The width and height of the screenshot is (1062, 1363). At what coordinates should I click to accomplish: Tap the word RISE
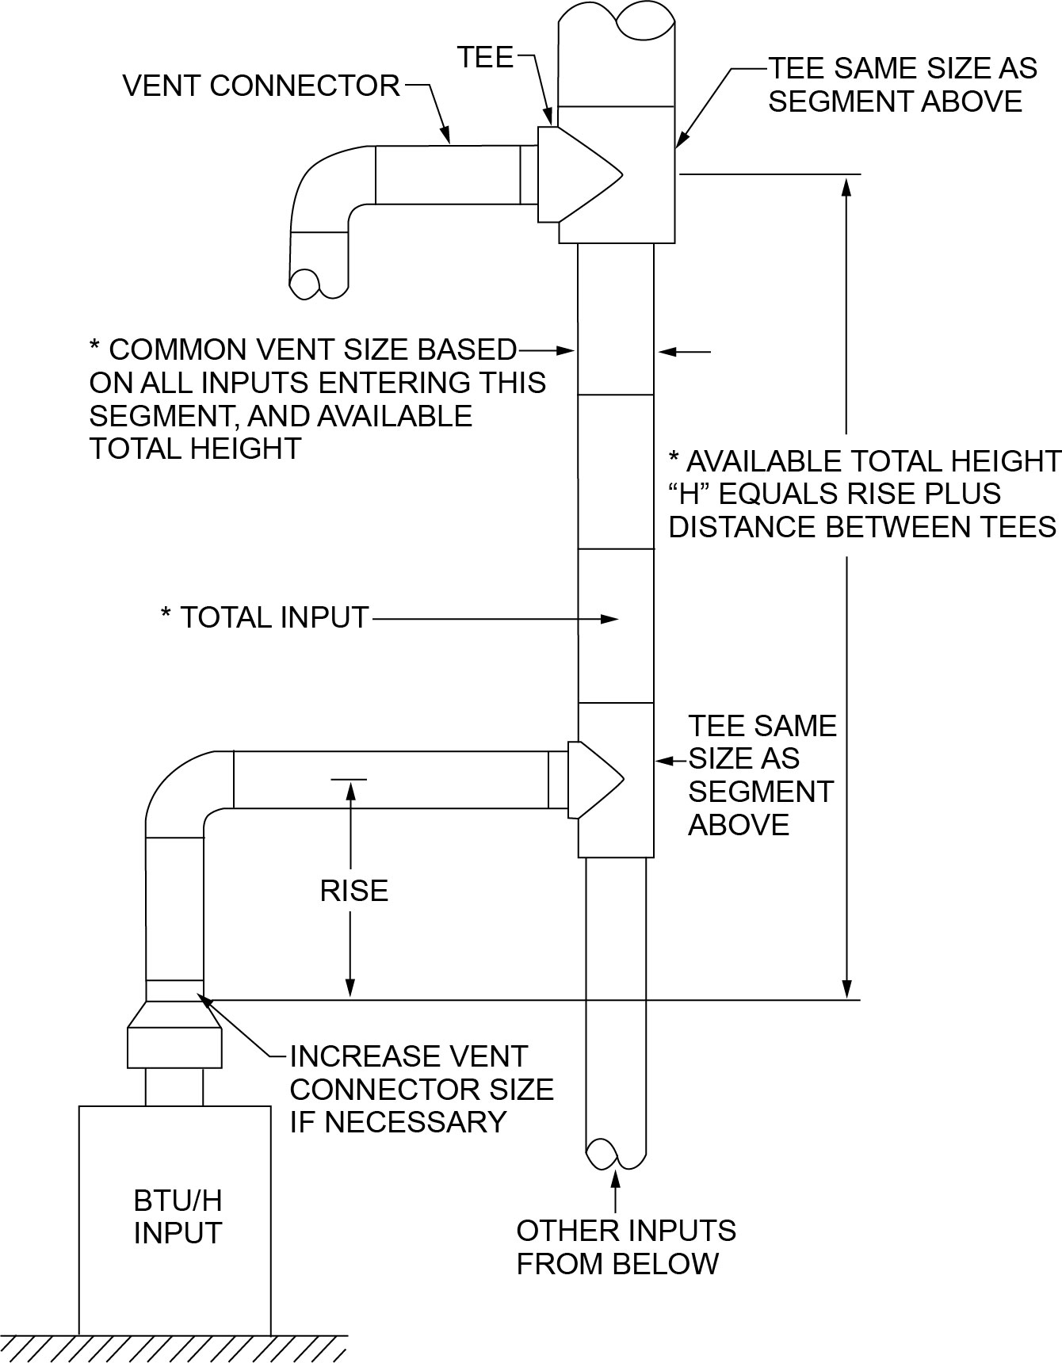pos(353,891)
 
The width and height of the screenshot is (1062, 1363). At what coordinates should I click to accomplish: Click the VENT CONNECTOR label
pos(261,86)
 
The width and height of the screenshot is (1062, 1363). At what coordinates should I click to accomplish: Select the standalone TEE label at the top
pos(485,57)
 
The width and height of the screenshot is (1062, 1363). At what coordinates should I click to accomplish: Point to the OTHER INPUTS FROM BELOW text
pos(626,1247)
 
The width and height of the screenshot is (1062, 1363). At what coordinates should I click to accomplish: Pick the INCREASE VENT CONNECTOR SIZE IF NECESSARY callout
pos(421,1089)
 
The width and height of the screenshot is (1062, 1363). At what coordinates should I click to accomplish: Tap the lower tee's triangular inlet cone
pos(594,778)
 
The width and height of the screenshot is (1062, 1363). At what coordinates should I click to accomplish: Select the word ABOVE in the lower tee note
pos(738,825)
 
